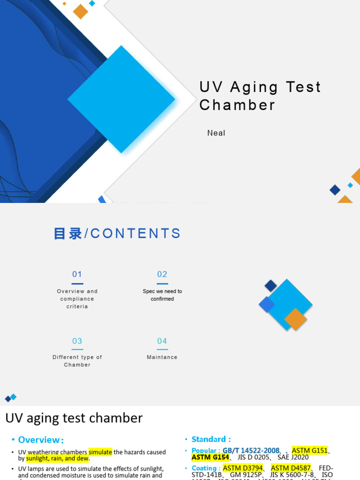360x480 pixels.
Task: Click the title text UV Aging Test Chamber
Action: [x=260, y=96]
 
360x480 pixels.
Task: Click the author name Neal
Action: [x=216, y=133]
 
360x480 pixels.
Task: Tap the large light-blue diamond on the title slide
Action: [x=121, y=99]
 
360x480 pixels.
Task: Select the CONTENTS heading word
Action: [x=135, y=233]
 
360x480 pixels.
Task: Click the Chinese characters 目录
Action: [x=68, y=233]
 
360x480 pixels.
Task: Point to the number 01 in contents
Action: [x=77, y=275]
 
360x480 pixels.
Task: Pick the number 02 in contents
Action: [x=162, y=275]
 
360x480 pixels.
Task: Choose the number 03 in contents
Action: [x=77, y=341]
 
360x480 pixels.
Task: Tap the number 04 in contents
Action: [x=162, y=341]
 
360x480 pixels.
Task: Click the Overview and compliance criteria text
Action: [x=77, y=299]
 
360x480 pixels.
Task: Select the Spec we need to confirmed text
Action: [x=162, y=295]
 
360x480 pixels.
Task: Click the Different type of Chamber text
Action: [x=77, y=361]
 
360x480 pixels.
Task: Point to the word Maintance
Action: [x=162, y=357]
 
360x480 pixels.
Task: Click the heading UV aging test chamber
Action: [x=74, y=418]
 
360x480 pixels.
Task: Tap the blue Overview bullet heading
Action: [x=41, y=440]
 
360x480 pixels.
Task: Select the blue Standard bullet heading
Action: [x=211, y=439]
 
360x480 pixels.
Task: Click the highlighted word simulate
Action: [x=100, y=452]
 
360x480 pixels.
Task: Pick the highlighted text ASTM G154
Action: [x=210, y=457]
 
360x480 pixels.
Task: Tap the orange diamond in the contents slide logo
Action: [x=295, y=319]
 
